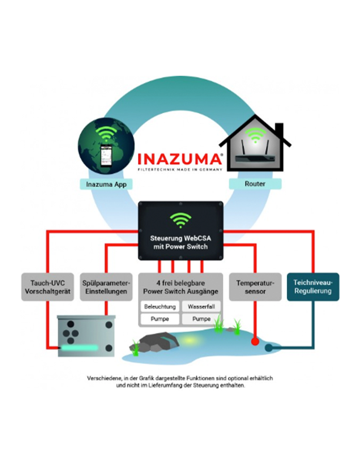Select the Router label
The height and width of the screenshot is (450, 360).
tap(255, 184)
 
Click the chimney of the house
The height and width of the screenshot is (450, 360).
tap(279, 129)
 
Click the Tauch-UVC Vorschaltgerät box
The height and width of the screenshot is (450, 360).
tap(47, 287)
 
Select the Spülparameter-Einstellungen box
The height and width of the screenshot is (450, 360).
tap(106, 287)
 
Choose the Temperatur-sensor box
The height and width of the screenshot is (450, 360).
tap(255, 287)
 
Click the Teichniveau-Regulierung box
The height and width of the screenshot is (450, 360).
tap(313, 287)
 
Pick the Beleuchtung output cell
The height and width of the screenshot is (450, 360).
tap(159, 307)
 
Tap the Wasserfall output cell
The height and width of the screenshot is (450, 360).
tap(201, 307)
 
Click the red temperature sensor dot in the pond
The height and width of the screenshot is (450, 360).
tap(254, 342)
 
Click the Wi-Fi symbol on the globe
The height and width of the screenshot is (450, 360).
tap(107, 132)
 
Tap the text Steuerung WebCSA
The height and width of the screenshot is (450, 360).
tap(180, 239)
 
